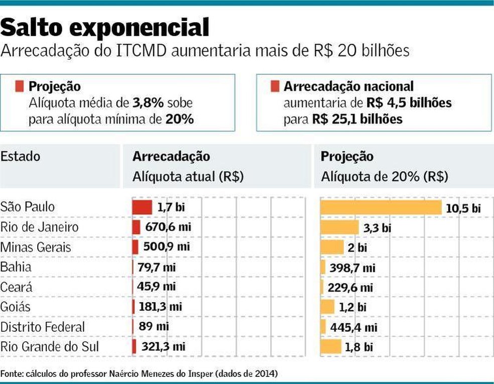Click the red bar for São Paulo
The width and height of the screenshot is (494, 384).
[x=142, y=207]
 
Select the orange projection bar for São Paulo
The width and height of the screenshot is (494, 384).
[x=381, y=207]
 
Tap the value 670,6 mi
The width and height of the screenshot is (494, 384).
[x=168, y=227]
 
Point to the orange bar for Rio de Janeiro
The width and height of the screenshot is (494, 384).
[x=340, y=227]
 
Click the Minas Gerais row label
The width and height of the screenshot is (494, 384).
[x=36, y=247]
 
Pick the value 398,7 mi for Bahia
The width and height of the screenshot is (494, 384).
[x=352, y=267]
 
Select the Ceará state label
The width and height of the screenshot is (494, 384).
[x=16, y=287]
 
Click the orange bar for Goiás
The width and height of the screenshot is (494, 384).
[x=328, y=307]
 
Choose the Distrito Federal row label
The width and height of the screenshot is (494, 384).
[x=43, y=327]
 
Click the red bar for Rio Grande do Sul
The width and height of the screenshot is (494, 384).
[x=135, y=347]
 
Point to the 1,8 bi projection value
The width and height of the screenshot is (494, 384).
[x=359, y=347]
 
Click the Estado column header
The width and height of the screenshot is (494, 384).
[x=20, y=156]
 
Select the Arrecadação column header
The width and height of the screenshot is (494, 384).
[x=171, y=156]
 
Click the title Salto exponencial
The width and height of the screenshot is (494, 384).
[x=104, y=28]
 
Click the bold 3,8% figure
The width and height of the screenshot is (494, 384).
[x=147, y=103]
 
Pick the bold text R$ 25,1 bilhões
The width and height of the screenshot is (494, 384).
[x=357, y=120]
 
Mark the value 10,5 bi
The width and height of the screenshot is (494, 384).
[x=463, y=208]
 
